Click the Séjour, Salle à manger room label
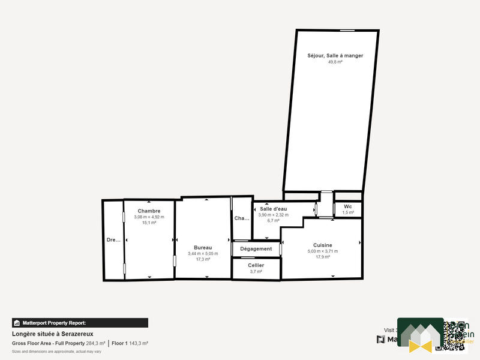pos(335,56)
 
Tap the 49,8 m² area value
pos(335,62)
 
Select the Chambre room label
pos(149,211)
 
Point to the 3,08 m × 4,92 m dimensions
pos(149,217)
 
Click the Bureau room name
pos(203,247)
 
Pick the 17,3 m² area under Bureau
pos(203,259)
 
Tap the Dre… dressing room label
pos(113,240)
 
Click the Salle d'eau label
pos(274,209)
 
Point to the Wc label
pos(348,206)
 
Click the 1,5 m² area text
pos(348,212)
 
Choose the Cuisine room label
pos(323,245)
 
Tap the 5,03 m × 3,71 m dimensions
pos(323,251)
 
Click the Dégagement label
pos(256,248)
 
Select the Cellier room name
pos(256,265)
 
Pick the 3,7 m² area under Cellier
pos(256,272)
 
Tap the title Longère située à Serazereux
pos(52,334)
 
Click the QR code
pos(451,335)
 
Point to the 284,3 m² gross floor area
pos(95,343)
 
